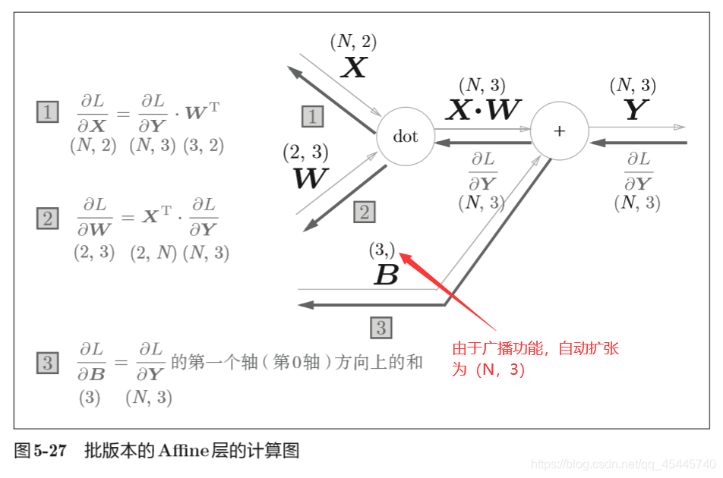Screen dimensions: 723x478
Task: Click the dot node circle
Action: click(406, 137)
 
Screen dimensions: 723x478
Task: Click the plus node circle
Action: click(560, 131)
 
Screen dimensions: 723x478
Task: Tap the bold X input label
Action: click(354, 69)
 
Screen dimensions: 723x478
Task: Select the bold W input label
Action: click(311, 178)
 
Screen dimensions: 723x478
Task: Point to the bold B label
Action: click(386, 275)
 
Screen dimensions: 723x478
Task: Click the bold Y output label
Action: click(635, 112)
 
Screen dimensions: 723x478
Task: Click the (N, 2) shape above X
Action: click(353, 42)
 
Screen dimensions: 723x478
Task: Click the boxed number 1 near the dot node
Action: click(312, 116)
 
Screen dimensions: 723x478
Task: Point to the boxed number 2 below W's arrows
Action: click(364, 212)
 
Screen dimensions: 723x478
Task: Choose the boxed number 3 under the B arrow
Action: click(381, 328)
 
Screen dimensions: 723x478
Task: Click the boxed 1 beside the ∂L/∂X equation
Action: click(47, 112)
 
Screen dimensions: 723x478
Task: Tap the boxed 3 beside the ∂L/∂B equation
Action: click(47, 363)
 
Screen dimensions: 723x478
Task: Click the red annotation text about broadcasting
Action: click(535, 359)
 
